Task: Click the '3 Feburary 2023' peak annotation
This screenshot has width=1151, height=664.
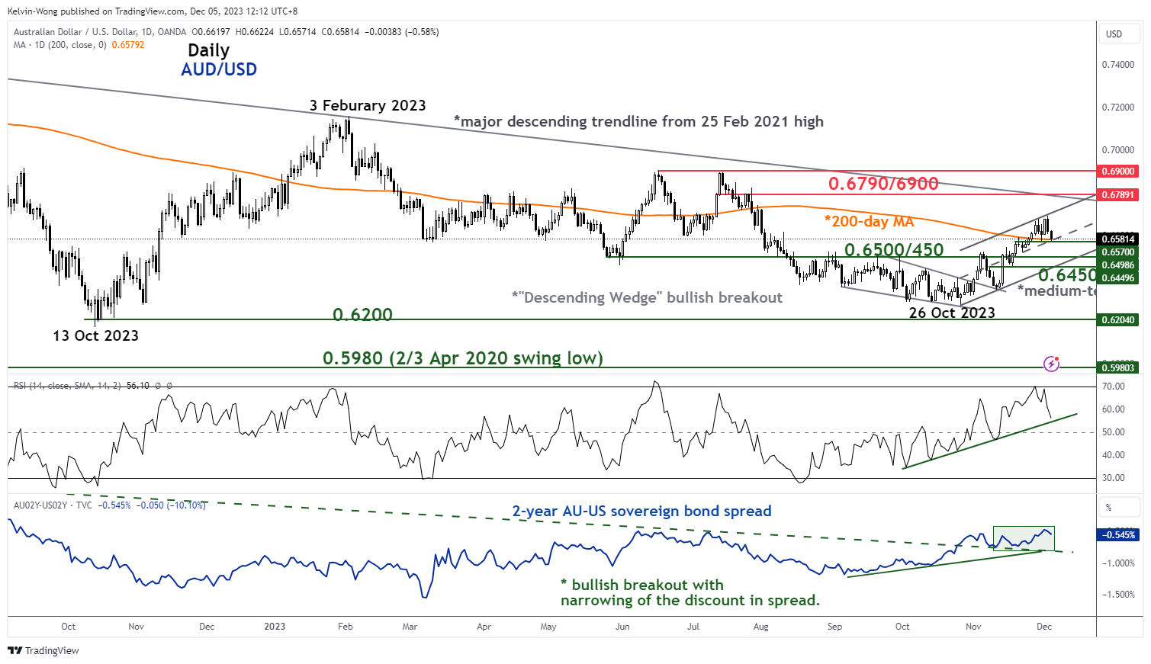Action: pos(368,106)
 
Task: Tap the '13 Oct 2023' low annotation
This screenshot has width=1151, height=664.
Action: pos(95,335)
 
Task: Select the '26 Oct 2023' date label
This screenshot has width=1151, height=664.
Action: pos(952,313)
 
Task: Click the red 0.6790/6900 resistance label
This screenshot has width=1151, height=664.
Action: pos(883,184)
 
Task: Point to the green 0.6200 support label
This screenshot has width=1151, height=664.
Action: pos(362,314)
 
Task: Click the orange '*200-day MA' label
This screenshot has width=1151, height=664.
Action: pos(869,222)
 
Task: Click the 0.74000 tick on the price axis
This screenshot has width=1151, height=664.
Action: pos(1118,65)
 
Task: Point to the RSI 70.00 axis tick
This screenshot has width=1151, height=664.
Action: pos(1114,387)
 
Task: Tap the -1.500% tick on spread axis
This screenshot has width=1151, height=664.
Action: pos(1118,595)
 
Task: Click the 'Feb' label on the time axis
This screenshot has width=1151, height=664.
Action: pos(346,627)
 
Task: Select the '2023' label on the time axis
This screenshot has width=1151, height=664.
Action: pos(275,627)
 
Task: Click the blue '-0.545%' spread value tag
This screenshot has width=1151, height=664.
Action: pos(1118,535)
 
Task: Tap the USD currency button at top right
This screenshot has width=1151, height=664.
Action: pos(1114,34)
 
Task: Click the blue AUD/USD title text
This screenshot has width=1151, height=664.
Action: pos(219,69)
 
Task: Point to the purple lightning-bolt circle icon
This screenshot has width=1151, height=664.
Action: pos(1051,364)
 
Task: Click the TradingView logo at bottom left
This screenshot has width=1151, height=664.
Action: pos(43,650)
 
